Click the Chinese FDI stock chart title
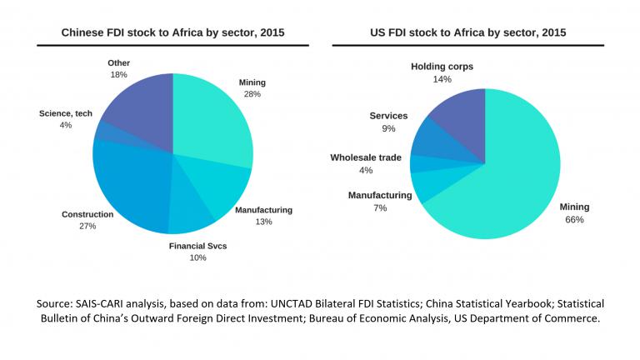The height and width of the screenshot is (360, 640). (x=172, y=32)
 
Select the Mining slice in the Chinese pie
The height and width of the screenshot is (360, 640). (x=212, y=121)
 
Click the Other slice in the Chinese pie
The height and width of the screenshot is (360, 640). (x=137, y=104)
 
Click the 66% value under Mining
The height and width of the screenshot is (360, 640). (x=575, y=220)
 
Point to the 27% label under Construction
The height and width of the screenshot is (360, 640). (x=87, y=227)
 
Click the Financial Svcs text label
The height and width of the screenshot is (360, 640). (x=197, y=246)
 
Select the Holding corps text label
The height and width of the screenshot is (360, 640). (x=442, y=66)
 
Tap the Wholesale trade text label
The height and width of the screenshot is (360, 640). (x=366, y=157)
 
